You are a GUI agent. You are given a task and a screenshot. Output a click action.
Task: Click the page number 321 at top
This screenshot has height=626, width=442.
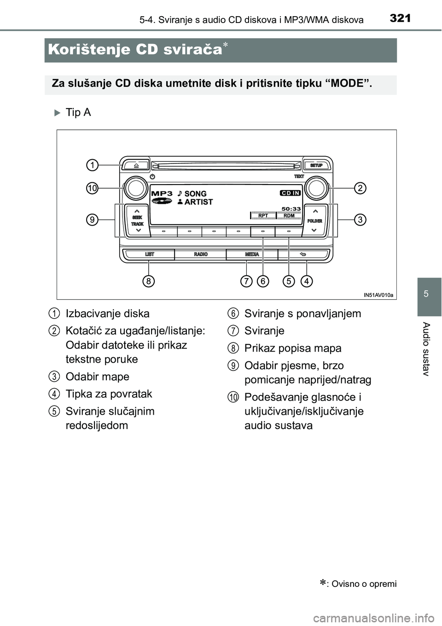pos(400,18)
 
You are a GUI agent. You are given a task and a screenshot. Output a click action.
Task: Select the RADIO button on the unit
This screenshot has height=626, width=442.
pos(200,254)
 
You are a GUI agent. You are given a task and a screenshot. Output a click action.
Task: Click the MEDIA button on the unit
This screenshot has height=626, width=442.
pos(252,254)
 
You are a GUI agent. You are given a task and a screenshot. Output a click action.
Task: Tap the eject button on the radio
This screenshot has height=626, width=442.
pos(135,165)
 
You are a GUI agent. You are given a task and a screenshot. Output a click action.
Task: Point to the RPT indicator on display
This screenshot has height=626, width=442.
pos(263,215)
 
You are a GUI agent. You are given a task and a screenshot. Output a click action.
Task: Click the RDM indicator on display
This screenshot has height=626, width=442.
pos(289,215)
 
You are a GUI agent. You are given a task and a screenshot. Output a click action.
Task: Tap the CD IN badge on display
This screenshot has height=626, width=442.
pos(290,193)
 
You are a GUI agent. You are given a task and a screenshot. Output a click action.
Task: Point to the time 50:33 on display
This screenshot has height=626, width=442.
pos(291,209)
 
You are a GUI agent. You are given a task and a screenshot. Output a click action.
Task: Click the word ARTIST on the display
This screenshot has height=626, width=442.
pos(198,202)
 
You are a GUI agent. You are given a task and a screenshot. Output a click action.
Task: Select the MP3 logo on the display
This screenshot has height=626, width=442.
pos(162,194)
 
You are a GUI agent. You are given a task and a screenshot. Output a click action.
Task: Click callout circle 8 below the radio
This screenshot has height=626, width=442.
pos(148,281)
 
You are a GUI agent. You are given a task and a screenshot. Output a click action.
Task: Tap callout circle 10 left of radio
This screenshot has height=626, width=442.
pos(92,188)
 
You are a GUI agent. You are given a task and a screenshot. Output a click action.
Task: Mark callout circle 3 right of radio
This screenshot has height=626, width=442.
pos(360,220)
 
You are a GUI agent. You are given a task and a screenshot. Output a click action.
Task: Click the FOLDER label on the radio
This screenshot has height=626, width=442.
pos(315,221)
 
